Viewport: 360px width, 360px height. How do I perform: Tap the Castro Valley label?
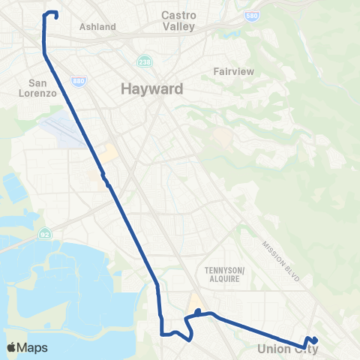[x=178, y=20]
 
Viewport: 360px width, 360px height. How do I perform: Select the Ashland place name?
[x=97, y=27]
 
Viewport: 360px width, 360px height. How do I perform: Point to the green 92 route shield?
[x=46, y=232]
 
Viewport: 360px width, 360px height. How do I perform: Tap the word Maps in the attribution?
[x=32, y=348]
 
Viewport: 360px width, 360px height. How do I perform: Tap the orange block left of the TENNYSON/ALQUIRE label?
[x=196, y=301]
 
